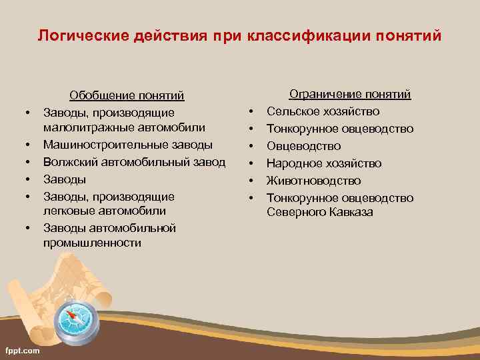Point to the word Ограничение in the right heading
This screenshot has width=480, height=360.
[x=322, y=95]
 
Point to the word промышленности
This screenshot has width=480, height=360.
[x=92, y=243]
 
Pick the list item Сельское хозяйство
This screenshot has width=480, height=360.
[x=323, y=111]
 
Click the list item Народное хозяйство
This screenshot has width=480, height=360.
[x=324, y=163]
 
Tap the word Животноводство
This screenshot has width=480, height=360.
[x=314, y=181]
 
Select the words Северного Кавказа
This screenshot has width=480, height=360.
[x=320, y=213]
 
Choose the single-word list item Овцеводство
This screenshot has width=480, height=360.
[x=304, y=146]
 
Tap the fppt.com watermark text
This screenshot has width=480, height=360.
[x=22, y=350]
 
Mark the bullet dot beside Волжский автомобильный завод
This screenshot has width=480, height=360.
[x=28, y=162]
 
